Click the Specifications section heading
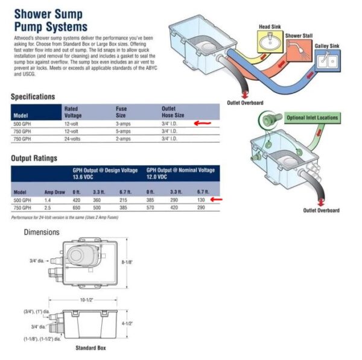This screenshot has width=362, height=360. click(x=33, y=96)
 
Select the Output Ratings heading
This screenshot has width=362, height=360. click(x=34, y=159)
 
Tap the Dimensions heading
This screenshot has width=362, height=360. click(x=42, y=232)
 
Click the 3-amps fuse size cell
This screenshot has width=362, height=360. click(x=123, y=123)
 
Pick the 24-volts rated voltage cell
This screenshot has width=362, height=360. click(x=74, y=139)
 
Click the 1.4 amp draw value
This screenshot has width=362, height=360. click(x=49, y=200)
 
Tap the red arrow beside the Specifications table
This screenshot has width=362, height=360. click(x=203, y=122)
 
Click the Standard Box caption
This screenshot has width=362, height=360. click(x=90, y=348)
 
